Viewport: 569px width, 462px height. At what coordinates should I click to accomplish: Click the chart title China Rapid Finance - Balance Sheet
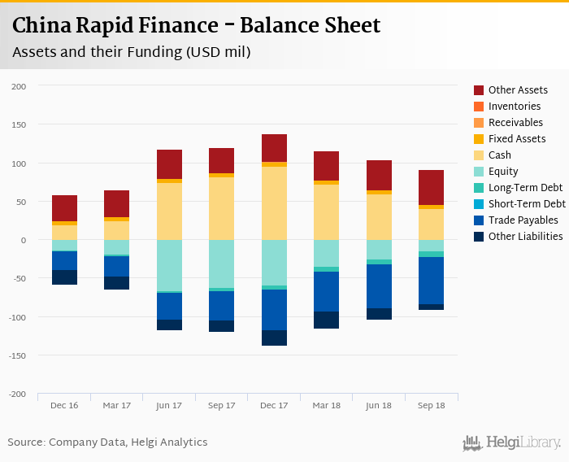(196, 25)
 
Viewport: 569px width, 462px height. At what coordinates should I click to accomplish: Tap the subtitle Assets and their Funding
(131, 52)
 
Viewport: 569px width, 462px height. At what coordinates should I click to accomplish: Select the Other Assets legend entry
(518, 90)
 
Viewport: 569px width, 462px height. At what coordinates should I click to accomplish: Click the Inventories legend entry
(514, 107)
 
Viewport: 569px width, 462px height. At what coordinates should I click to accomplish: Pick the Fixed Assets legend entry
(517, 139)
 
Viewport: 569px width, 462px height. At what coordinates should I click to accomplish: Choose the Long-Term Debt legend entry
(525, 188)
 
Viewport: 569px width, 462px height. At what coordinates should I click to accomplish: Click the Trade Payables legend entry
(523, 220)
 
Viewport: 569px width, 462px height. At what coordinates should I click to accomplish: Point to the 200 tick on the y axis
(19, 86)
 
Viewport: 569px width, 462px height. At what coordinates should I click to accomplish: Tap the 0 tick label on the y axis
(24, 240)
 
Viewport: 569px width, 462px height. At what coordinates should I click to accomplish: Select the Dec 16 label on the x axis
(64, 405)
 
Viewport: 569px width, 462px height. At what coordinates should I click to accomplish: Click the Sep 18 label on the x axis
(432, 405)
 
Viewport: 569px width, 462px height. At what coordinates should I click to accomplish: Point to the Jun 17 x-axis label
(169, 405)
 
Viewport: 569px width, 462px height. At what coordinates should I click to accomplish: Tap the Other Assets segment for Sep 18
(432, 187)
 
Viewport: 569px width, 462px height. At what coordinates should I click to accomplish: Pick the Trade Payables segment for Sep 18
(432, 281)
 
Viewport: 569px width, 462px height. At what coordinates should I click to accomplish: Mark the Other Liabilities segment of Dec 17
(274, 338)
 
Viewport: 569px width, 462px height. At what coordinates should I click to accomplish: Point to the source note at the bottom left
(107, 442)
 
